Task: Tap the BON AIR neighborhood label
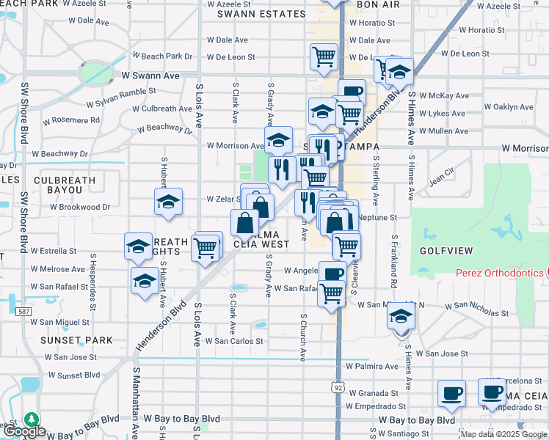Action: pos(377,4)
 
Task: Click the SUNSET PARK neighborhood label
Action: pos(77,340)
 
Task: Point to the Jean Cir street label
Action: pos(443,177)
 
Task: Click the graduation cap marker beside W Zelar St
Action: pos(168,202)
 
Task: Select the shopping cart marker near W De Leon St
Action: pos(324,56)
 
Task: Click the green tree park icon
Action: pos(31,419)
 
